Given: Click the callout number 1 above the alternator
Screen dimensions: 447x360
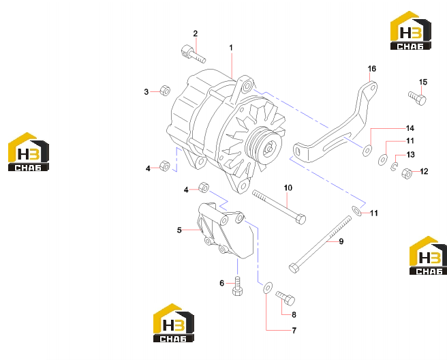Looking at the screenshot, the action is click(x=231, y=48).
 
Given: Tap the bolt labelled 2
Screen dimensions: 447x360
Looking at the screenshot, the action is click(x=193, y=54).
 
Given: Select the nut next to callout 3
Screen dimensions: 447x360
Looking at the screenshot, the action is click(x=165, y=91).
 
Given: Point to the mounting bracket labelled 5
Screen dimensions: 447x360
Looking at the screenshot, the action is click(x=226, y=230).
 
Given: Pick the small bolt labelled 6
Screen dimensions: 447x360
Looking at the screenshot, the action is click(x=237, y=286).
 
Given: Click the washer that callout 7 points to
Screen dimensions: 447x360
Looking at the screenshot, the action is click(x=268, y=288).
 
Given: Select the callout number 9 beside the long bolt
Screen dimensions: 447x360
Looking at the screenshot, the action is click(x=341, y=241).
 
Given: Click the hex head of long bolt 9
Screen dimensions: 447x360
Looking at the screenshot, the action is click(x=294, y=268).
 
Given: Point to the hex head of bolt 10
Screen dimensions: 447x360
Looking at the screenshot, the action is click(x=300, y=219).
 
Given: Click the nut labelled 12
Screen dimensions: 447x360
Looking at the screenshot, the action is click(x=407, y=173).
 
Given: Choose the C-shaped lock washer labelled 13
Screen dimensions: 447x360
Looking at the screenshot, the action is click(x=394, y=167).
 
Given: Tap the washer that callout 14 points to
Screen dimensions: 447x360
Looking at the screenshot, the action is click(x=367, y=151).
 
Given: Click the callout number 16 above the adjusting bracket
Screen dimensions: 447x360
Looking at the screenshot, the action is click(x=372, y=69).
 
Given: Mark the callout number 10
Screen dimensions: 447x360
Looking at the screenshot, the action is click(x=288, y=188).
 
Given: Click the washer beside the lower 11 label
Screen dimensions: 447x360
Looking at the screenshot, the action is click(x=356, y=211).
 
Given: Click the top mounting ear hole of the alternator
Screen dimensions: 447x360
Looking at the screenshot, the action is click(x=247, y=85).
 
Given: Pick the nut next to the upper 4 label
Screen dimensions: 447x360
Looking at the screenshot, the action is click(x=164, y=166).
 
